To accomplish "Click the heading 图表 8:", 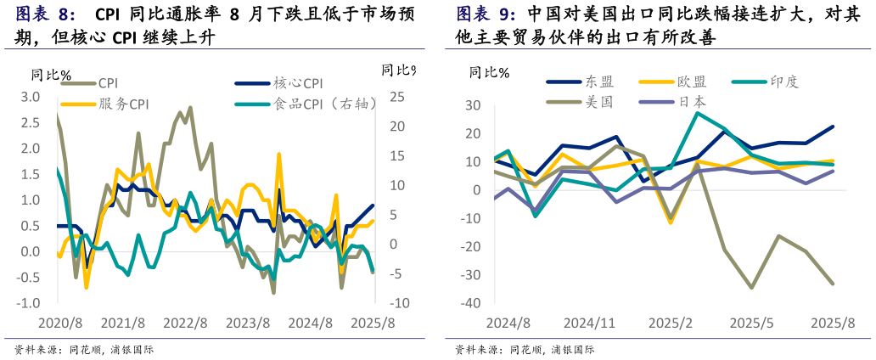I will [46, 14].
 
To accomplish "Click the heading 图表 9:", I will [486, 14].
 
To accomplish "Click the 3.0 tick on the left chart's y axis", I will [31, 97].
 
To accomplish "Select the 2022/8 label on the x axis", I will [185, 323].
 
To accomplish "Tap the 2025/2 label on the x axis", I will [671, 323].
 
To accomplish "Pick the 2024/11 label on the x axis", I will [589, 323].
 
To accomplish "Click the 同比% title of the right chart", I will [489, 72].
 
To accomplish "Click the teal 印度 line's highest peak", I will [698, 113].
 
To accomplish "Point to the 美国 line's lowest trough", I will [751, 287].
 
